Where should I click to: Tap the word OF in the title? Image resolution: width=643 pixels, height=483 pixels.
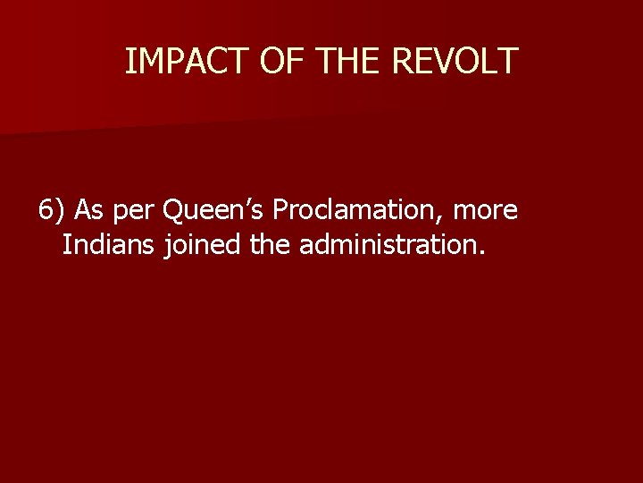[275, 61]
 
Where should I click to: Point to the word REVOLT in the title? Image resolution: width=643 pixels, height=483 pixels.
[455, 61]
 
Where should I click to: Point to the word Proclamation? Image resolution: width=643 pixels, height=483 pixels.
[359, 211]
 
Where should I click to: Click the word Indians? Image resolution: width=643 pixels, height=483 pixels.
[110, 244]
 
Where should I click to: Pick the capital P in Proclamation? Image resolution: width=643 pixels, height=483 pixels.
[280, 211]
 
